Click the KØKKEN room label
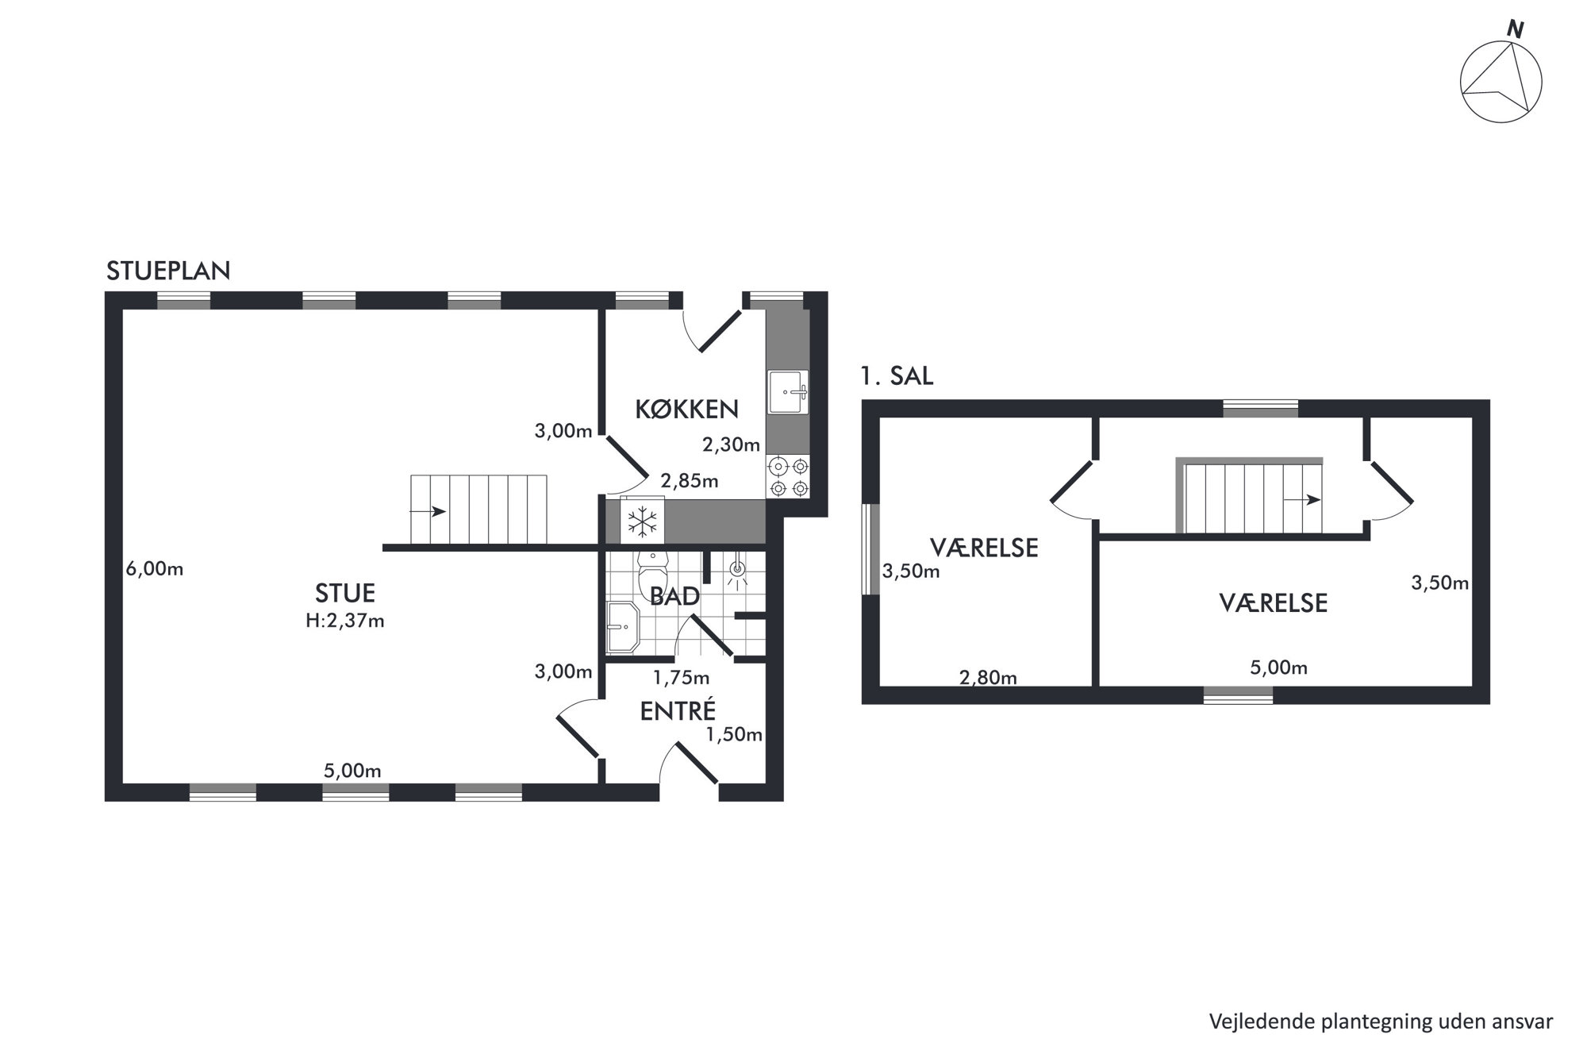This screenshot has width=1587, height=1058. click(x=687, y=409)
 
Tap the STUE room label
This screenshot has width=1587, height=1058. click(x=345, y=593)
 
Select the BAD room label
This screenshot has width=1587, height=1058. click(x=674, y=596)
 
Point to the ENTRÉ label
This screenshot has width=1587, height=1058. click(x=678, y=710)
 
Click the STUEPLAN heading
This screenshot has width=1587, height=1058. click(x=168, y=271)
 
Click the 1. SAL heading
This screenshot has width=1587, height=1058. click(x=897, y=376)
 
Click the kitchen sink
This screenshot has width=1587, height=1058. click(x=787, y=391)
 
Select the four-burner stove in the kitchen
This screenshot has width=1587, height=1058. click(x=789, y=477)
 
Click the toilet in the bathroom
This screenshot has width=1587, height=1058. click(x=653, y=575)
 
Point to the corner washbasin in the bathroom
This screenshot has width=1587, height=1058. click(x=622, y=627)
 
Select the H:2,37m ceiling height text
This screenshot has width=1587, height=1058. click(x=345, y=621)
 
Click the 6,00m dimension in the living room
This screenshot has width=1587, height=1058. click(x=155, y=569)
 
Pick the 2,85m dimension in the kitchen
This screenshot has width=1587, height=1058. click(x=690, y=481)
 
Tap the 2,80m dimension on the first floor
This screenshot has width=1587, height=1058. click(x=988, y=678)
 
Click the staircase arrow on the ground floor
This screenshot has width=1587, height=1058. click(x=438, y=512)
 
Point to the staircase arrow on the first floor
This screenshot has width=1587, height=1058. click(x=1302, y=500)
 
